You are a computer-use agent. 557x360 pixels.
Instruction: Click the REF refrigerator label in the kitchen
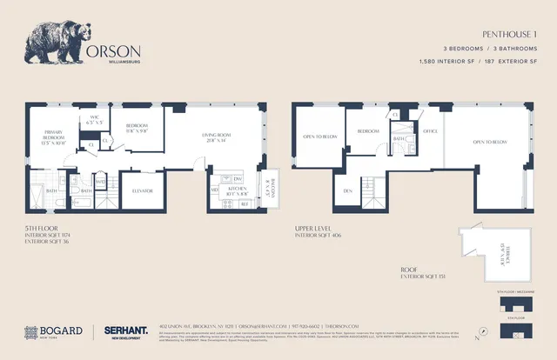tap(245, 205)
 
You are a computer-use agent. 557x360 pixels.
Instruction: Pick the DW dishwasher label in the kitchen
tap(237, 178)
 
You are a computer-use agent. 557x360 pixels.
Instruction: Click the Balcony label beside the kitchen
tap(268, 184)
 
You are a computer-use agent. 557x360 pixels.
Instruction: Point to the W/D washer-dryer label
tap(101, 180)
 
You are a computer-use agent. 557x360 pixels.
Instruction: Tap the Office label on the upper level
tap(429, 131)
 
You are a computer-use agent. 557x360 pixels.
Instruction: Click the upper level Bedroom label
tap(367, 131)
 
